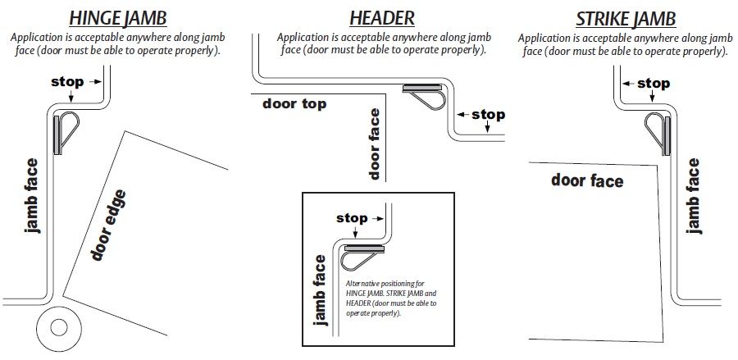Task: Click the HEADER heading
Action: click(381, 17)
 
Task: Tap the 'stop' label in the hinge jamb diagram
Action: click(67, 82)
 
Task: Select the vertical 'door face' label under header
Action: click(375, 144)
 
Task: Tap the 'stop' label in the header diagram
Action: click(488, 115)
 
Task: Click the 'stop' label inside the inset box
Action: click(353, 218)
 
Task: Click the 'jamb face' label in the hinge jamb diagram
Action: click(33, 194)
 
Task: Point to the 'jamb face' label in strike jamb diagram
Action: click(694, 195)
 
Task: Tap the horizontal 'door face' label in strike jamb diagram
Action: click(587, 180)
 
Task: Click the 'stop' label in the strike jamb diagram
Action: click(653, 83)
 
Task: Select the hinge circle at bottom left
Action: click(58, 326)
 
